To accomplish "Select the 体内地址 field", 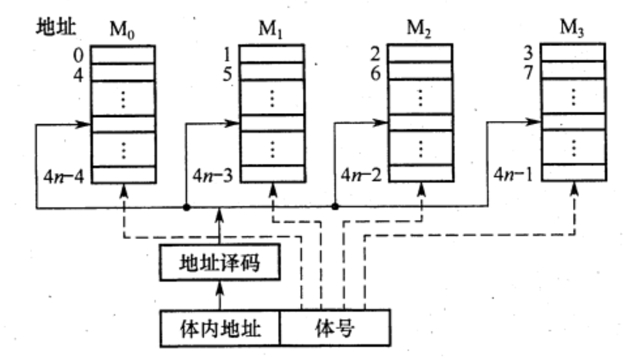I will (219, 329).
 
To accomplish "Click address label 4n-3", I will (212, 177).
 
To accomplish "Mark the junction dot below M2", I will (334, 208).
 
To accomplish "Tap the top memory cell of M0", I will (123, 55).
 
